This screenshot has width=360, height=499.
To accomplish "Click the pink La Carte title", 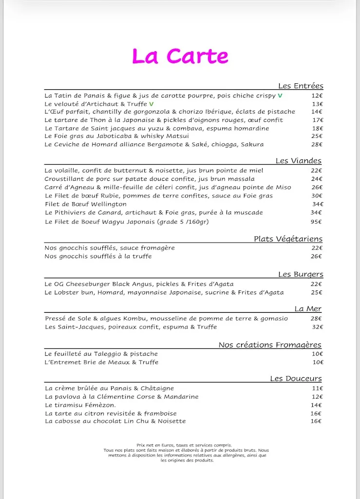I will click(180, 56).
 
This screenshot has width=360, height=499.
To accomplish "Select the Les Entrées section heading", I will click(300, 86).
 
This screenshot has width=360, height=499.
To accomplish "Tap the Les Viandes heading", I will click(298, 161).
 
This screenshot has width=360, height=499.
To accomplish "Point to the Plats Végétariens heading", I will click(287, 239).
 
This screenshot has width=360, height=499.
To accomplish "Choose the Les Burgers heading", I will click(300, 274).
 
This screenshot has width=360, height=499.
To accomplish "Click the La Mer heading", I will click(307, 309).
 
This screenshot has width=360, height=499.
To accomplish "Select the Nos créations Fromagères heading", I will click(270, 345).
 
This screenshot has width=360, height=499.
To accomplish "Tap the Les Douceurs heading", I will click(296, 379).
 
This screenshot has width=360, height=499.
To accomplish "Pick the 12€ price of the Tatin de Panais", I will click(317, 96).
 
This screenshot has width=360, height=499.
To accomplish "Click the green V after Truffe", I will click(151, 104).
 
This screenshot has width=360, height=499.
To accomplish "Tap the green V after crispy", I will click(280, 96).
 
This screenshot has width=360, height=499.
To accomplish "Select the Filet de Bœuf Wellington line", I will click(85, 204).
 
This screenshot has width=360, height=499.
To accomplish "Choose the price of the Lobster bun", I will click(317, 292).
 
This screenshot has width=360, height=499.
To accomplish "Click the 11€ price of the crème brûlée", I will click(317, 388).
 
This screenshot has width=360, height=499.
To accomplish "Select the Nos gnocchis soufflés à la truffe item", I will click(98, 256).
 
